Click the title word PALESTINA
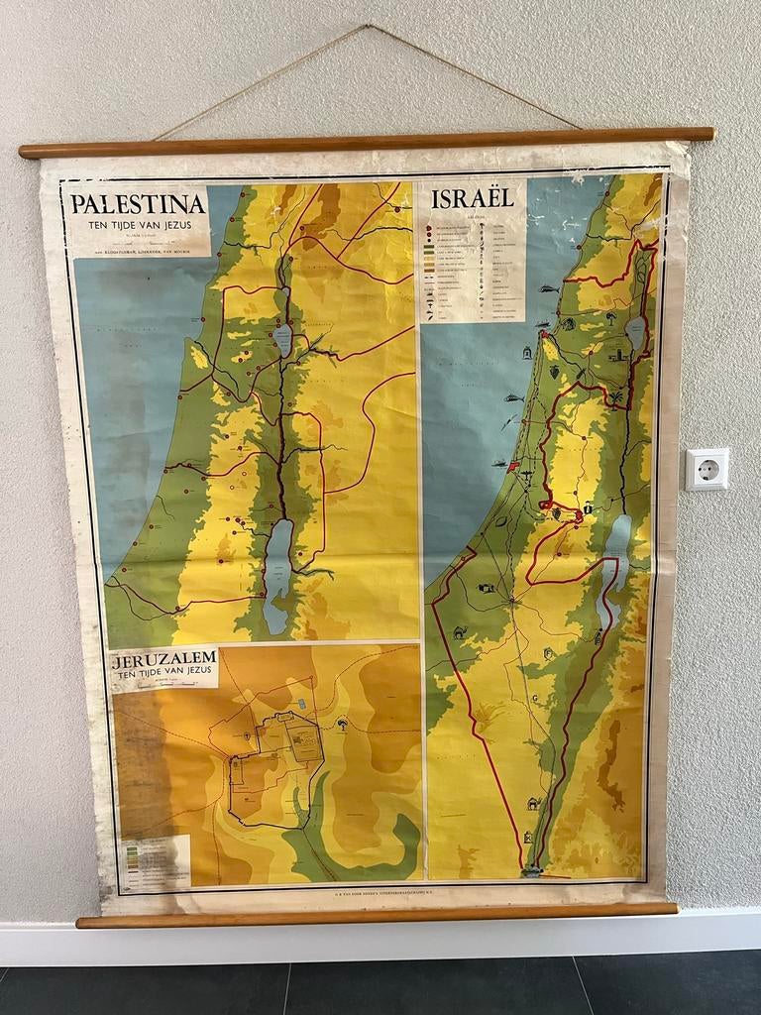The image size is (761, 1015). [x=138, y=204]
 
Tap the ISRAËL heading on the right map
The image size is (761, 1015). [x=473, y=197]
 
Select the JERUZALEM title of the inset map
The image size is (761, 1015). [x=164, y=659]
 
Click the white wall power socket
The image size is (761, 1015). [x=707, y=469]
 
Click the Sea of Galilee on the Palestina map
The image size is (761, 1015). [x=283, y=340]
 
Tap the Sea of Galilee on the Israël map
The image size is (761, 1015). [x=635, y=333]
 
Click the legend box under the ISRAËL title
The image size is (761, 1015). [x=473, y=265]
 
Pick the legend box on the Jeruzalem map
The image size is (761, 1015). [x=155, y=860]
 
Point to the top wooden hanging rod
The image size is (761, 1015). [x=367, y=142]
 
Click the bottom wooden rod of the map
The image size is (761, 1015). [x=377, y=914]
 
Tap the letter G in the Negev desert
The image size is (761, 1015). [x=535, y=698]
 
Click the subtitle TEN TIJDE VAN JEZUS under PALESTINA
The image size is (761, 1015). [x=138, y=225]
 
